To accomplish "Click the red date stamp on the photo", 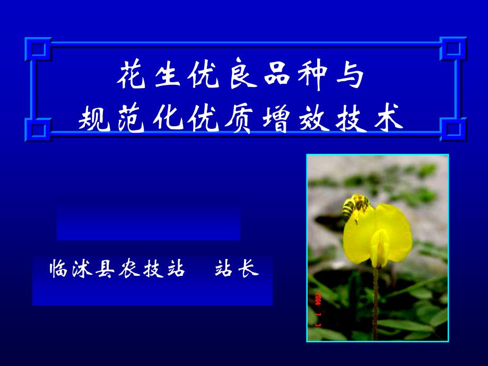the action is click(317, 309).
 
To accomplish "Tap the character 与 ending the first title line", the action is click(350, 75).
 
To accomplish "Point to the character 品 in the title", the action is click(277, 74).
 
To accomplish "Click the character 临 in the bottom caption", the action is click(58, 268).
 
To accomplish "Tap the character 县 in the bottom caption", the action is click(106, 268).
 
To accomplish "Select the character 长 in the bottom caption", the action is click(249, 268).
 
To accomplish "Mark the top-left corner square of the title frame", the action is click(38, 49).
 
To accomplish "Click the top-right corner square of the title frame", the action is click(453, 49).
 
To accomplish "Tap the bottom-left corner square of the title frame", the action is click(38, 129).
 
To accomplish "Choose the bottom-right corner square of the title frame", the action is click(453, 129).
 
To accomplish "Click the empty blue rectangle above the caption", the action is click(149, 218).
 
